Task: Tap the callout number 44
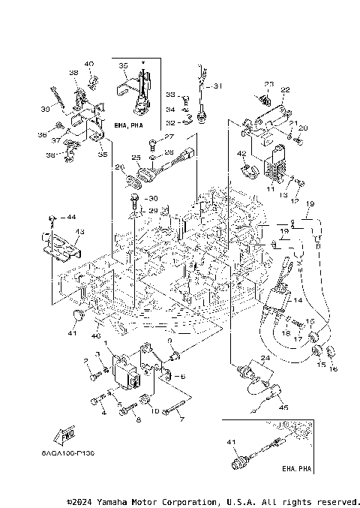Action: (70, 217)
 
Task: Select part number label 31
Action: (217, 86)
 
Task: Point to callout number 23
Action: (268, 83)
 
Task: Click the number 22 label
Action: (285, 90)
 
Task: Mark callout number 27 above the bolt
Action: (169, 137)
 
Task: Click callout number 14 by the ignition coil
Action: (298, 300)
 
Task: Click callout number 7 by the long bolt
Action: (181, 420)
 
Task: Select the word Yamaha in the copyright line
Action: (109, 500)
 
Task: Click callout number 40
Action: (89, 64)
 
